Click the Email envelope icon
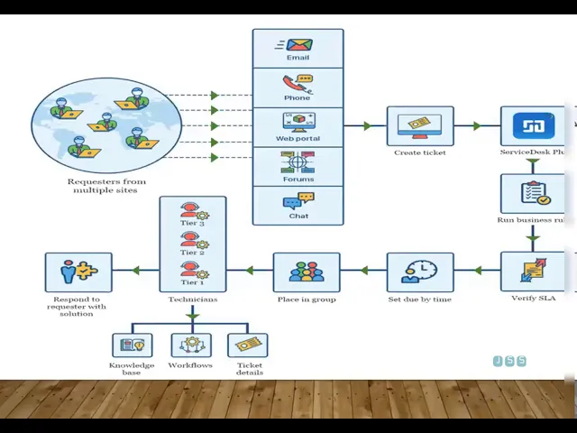pyautogui.click(x=298, y=45)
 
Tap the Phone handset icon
pyautogui.click(x=298, y=84)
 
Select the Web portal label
pyautogui.click(x=298, y=139)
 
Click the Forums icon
pyautogui.click(x=298, y=162)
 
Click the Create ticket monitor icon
pyautogui.click(x=420, y=126)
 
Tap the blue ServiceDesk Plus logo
pyautogui.click(x=533, y=125)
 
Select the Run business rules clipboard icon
pyautogui.click(x=534, y=193)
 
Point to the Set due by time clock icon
pyautogui.click(x=420, y=272)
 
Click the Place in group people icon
pyautogui.click(x=307, y=272)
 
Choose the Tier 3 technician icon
pyautogui.click(x=191, y=211)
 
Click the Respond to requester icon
pyautogui.click(x=78, y=272)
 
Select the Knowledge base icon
pyautogui.click(x=133, y=345)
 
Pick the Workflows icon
pyautogui.click(x=190, y=345)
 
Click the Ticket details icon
pyautogui.click(x=248, y=345)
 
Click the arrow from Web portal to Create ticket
pyautogui.click(x=365, y=126)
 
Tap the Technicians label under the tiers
pyautogui.click(x=192, y=299)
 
